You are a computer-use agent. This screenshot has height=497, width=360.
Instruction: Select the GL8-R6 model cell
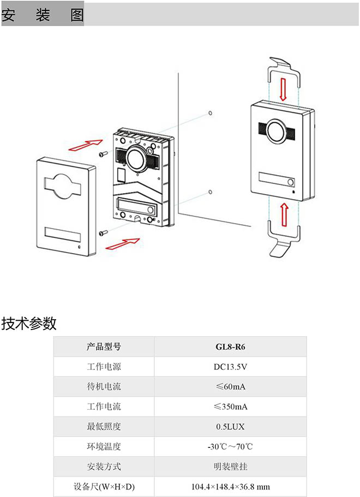(230, 347)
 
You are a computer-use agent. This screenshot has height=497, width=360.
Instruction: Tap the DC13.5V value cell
(230, 367)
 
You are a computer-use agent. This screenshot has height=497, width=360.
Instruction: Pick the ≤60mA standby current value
(230, 387)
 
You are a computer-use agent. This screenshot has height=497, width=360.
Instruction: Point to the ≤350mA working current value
(230, 406)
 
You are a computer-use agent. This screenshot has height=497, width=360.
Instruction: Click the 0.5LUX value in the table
(230, 427)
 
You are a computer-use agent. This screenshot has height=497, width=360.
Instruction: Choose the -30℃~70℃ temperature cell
(230, 446)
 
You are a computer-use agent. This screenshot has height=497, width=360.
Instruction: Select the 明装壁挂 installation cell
(230, 466)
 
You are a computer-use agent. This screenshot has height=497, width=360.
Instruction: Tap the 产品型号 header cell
(104, 347)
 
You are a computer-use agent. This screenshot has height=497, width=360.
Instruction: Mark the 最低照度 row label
(104, 427)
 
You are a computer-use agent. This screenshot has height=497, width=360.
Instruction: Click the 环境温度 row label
(104, 446)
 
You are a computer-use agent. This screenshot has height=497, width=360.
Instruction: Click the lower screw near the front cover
(102, 233)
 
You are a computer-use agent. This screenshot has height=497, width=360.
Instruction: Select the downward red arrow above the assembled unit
(283, 87)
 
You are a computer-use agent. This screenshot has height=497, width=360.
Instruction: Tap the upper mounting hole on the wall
(210, 113)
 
